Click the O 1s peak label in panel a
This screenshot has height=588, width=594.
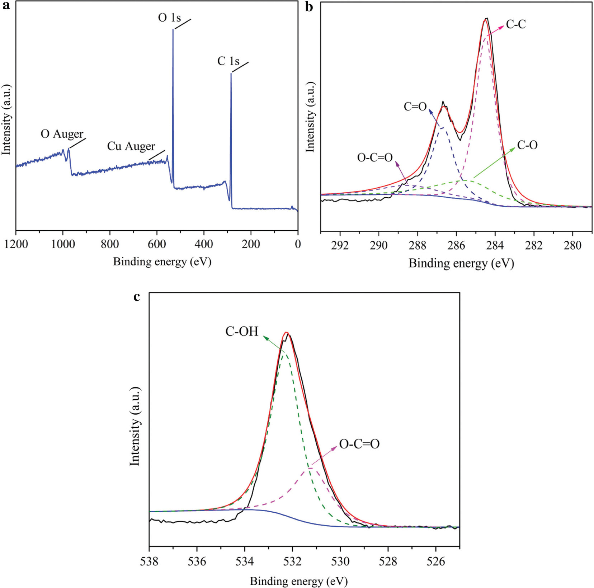pos(169,18)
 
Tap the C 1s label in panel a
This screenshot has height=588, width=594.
pos(228,61)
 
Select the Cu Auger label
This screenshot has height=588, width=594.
pos(131,146)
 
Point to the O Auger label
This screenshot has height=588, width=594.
pos(62,134)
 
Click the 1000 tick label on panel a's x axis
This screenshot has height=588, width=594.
pos(63,244)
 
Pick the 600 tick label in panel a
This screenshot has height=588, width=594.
pos(157,244)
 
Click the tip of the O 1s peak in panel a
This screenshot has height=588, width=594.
pos(173,30)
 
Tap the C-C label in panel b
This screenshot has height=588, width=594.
pos(516,24)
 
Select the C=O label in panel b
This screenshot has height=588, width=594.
pos(415,107)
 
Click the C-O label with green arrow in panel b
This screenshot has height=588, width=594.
pos(527,145)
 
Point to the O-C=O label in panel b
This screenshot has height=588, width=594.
pos(375,157)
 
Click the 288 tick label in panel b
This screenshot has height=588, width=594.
pos(418,246)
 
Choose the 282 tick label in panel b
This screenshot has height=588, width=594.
pos(534,246)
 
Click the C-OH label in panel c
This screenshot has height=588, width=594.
pos(242,331)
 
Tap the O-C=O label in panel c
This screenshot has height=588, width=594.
pos(359,444)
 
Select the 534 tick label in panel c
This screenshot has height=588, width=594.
pos(245,561)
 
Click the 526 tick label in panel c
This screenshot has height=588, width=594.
pos(435,561)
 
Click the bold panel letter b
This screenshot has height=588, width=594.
pos(309,6)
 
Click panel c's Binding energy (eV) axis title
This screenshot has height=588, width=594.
pos(298,581)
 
